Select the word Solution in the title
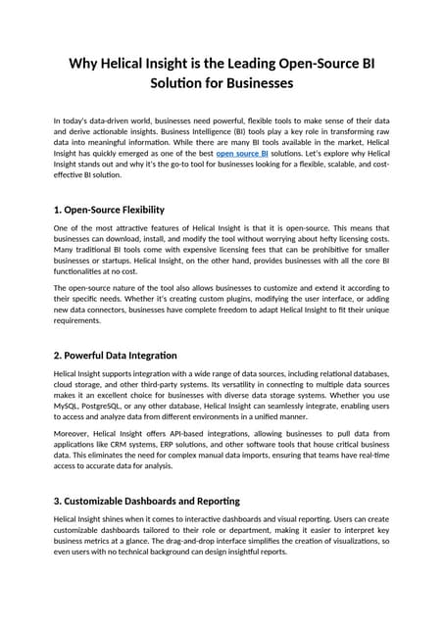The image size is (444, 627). point(186,84)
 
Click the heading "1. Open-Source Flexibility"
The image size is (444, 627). point(109,210)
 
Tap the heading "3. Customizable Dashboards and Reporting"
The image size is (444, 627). point(146,501)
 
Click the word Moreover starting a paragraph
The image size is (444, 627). point(74,431)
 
